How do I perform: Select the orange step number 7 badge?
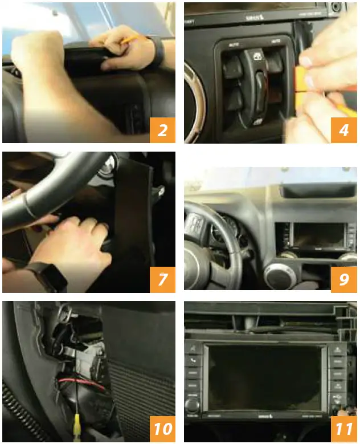pos(162,279)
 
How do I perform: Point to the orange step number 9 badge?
pos(343,279)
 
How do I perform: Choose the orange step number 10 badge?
pos(162,429)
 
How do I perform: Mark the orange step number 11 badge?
pos(343,429)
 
